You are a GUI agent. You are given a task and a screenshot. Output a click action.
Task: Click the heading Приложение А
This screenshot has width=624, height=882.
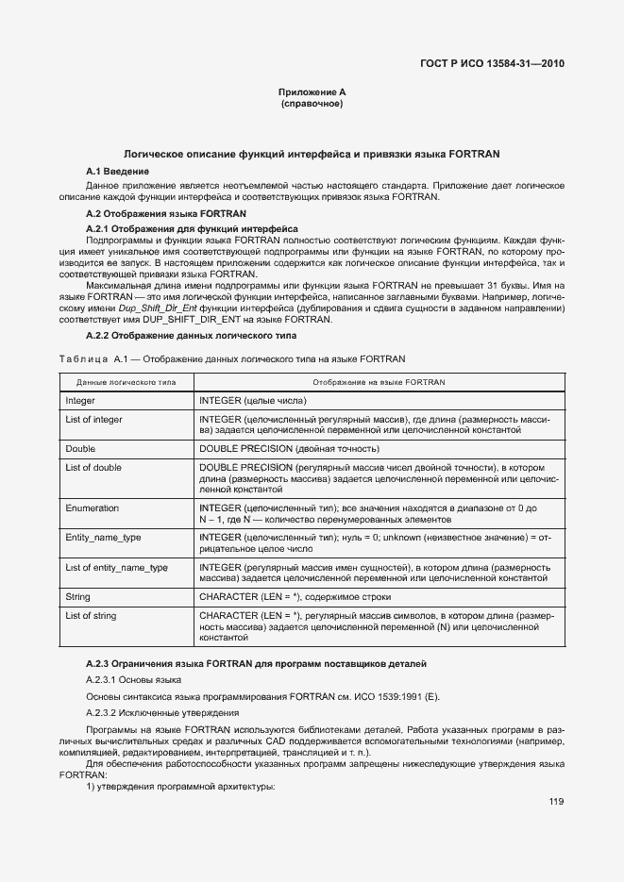point(312,92)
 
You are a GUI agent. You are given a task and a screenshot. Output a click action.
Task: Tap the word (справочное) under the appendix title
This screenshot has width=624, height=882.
point(312,103)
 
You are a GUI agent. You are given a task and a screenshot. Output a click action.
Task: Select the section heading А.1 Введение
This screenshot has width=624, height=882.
point(117,171)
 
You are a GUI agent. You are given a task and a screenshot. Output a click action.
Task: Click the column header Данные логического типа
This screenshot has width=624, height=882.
point(126,382)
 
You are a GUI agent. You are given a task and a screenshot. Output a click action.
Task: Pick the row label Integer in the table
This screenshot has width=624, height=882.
point(80,401)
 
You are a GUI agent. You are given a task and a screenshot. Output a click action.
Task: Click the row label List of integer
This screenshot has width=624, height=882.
point(93,419)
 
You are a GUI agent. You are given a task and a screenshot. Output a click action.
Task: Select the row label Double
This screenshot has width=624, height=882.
point(80,449)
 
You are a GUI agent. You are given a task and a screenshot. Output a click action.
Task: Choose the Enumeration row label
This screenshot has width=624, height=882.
point(92,508)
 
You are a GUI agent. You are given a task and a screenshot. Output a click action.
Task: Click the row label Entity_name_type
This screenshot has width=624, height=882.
point(102,538)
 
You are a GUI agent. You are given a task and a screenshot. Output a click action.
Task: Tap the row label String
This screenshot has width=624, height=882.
point(77,597)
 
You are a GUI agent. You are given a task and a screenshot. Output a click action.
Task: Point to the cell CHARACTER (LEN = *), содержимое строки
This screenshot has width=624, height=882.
point(295,597)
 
